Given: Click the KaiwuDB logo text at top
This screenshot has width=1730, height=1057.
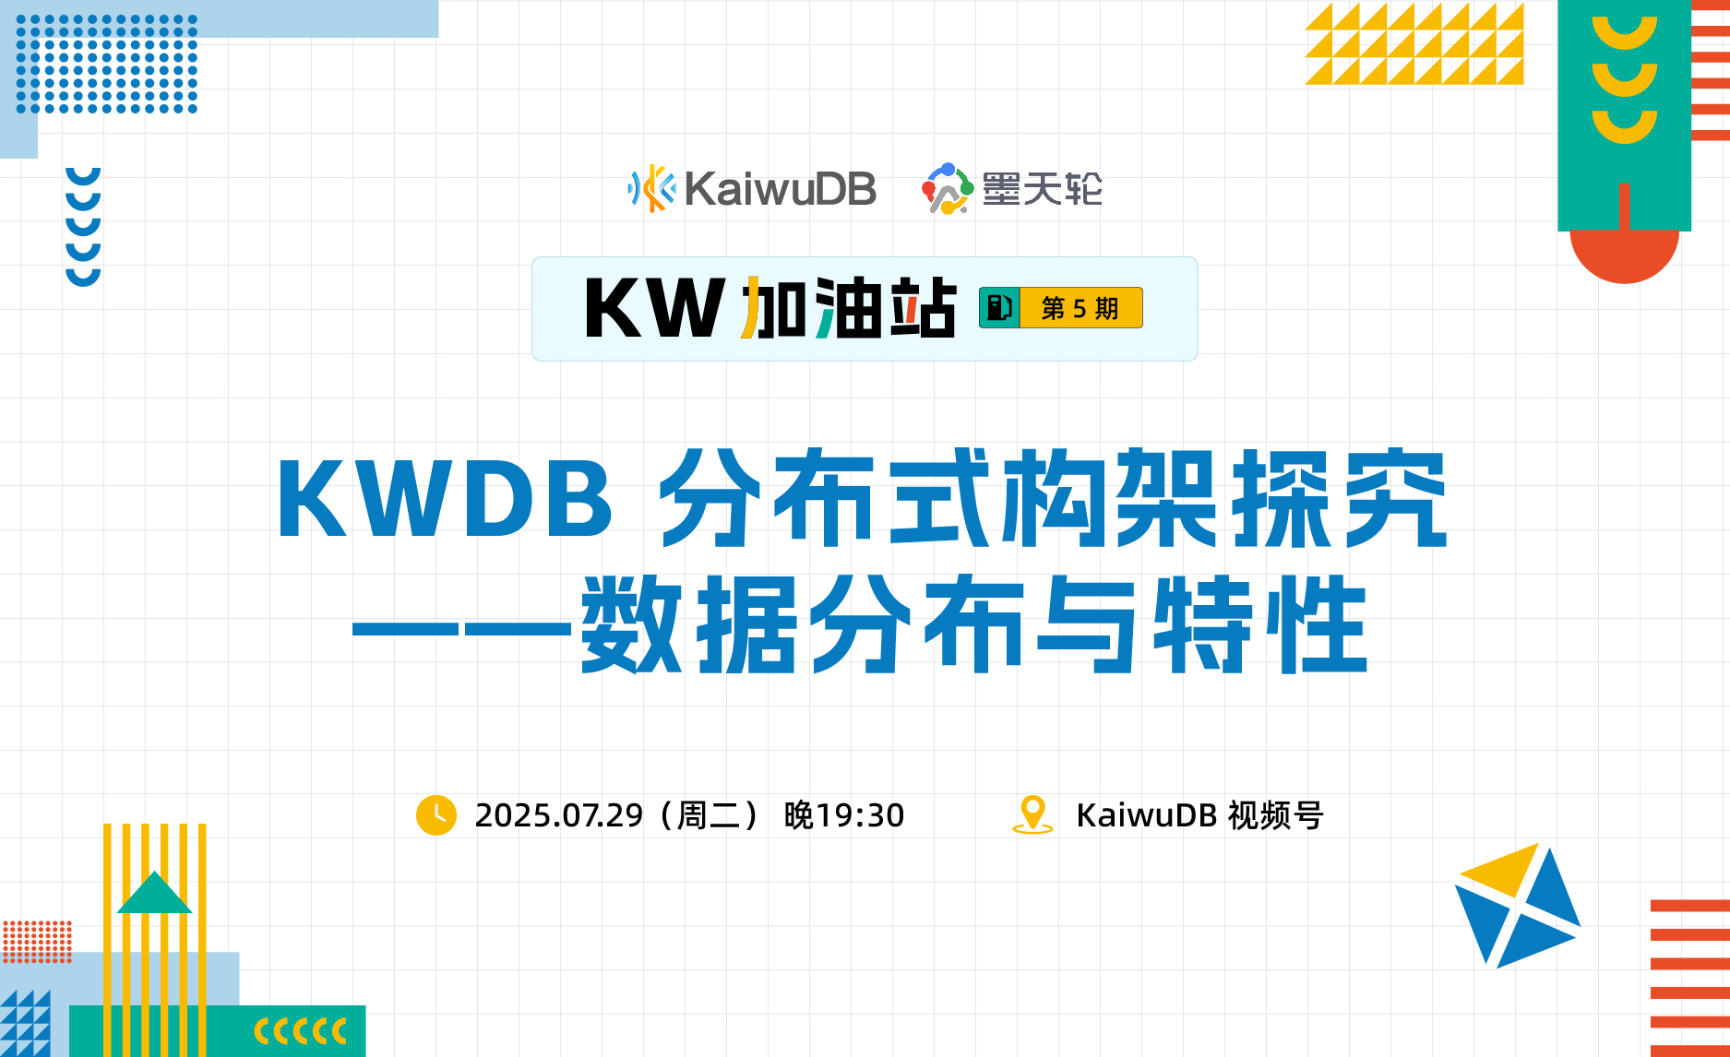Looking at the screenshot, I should tap(780, 189).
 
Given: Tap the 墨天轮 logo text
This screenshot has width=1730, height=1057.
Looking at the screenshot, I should tap(1042, 189).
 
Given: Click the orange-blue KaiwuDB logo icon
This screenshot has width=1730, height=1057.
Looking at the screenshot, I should tap(651, 188).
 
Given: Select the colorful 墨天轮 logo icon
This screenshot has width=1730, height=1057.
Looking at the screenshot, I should tap(947, 189).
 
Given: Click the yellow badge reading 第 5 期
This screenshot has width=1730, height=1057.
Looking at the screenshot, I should tap(1080, 308).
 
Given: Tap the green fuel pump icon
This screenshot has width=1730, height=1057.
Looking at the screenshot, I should tap(998, 308).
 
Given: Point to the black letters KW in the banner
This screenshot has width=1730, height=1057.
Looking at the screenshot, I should tap(654, 308).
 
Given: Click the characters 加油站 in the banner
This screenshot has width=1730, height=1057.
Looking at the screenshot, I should tap(849, 308).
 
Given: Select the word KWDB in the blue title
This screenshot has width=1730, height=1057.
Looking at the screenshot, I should tap(445, 498).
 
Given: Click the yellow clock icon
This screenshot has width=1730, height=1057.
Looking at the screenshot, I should tap(436, 815).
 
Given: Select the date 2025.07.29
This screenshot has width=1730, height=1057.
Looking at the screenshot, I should tap(558, 815).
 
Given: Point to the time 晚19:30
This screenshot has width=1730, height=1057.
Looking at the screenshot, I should tap(843, 815).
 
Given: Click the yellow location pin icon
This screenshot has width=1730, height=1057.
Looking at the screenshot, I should tap(1032, 814).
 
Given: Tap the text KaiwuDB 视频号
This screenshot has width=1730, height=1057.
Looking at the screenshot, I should tap(1199, 815).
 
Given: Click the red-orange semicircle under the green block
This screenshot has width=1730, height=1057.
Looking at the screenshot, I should tap(1624, 255).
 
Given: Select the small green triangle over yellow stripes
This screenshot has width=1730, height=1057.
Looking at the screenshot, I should tap(154, 893).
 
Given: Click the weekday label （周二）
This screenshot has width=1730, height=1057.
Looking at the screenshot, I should tap(709, 815).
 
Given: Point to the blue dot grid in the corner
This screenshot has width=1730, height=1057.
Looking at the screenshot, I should tap(107, 64).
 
